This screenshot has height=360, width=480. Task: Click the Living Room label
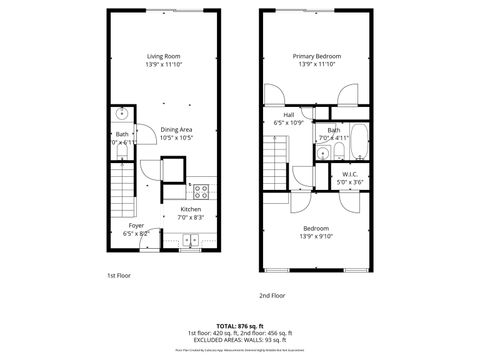tap(163, 56)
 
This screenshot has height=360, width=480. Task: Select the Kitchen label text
tap(189, 209)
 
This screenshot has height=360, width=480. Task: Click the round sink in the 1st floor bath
tap(122, 113)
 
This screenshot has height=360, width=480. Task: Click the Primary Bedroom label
tap(317, 56)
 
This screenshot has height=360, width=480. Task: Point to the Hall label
tap(288, 115)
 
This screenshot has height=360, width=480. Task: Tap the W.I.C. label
tap(349, 174)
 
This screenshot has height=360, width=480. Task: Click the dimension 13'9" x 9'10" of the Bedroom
tap(317, 236)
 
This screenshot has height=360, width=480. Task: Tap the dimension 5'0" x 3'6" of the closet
tap(349, 182)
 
